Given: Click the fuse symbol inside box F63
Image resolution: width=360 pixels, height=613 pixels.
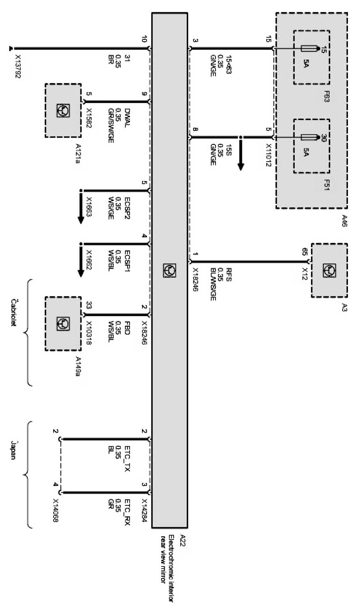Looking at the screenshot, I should click(309, 49).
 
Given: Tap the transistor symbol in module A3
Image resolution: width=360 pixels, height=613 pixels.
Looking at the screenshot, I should click(329, 270).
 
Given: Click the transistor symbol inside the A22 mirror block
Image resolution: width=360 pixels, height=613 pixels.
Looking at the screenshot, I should click(169, 270).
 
